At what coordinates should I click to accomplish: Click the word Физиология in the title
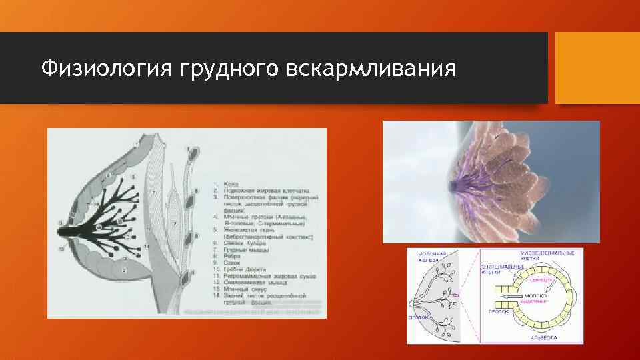pyautogui.click(x=107, y=68)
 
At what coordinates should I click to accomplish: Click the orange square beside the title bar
pyautogui.click(x=597, y=68)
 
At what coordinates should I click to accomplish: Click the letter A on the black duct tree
pyautogui.click(x=99, y=227)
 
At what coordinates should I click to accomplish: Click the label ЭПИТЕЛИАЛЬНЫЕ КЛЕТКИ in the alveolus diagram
pyautogui.click(x=503, y=269)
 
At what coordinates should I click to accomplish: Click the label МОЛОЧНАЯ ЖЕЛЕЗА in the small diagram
pyautogui.click(x=432, y=257)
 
